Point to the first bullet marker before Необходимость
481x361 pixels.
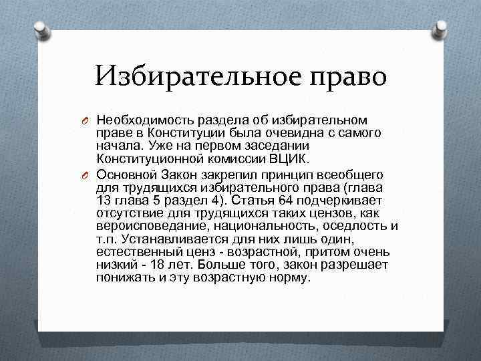tap(87, 121)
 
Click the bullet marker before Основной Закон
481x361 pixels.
tap(87, 175)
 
